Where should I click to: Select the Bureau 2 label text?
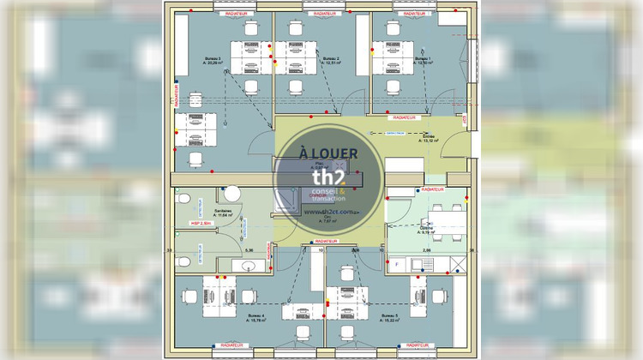click(331, 59)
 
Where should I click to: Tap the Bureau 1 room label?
click(423, 59)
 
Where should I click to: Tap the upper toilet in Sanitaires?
click(182, 199)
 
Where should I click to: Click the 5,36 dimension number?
click(249, 249)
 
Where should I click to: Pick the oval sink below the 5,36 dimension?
click(247, 266)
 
